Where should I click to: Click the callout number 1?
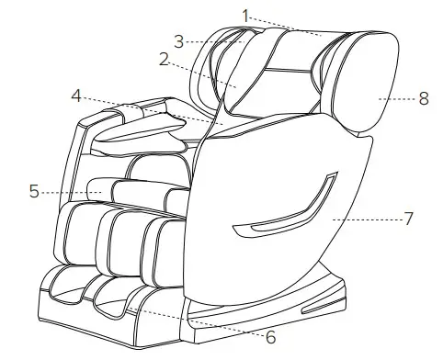[x=245, y=14]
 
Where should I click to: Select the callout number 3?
[x=179, y=40]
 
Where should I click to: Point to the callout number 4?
[x=77, y=94]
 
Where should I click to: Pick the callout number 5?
[x=34, y=192]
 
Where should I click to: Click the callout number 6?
[x=272, y=338]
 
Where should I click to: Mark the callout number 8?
[x=423, y=98]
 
